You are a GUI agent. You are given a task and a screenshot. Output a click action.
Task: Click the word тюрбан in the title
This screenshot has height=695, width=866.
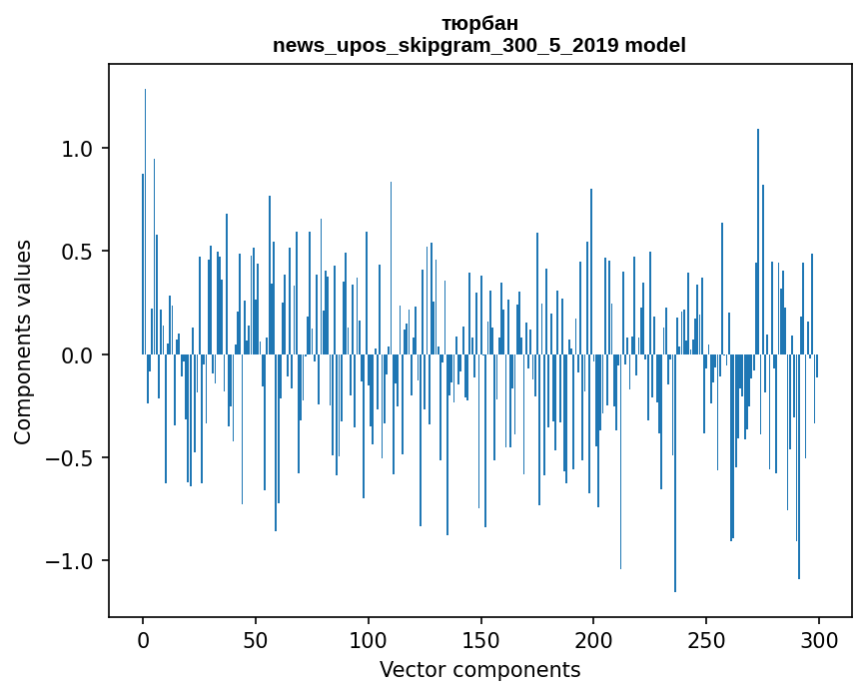pos(479,23)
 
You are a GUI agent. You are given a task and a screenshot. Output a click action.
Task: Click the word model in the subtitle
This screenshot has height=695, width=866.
pos(655,45)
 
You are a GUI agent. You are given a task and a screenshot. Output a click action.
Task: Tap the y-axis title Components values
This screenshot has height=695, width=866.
pos(23,342)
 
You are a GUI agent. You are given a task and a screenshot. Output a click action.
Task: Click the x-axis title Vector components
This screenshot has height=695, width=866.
pos(479,670)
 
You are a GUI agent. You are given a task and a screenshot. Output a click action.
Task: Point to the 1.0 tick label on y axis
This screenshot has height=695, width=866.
pos(78,149)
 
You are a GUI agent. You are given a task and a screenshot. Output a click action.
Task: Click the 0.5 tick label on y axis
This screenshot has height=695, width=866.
pos(78,252)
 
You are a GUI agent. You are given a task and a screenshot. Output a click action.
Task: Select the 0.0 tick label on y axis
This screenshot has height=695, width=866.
pos(78,355)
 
